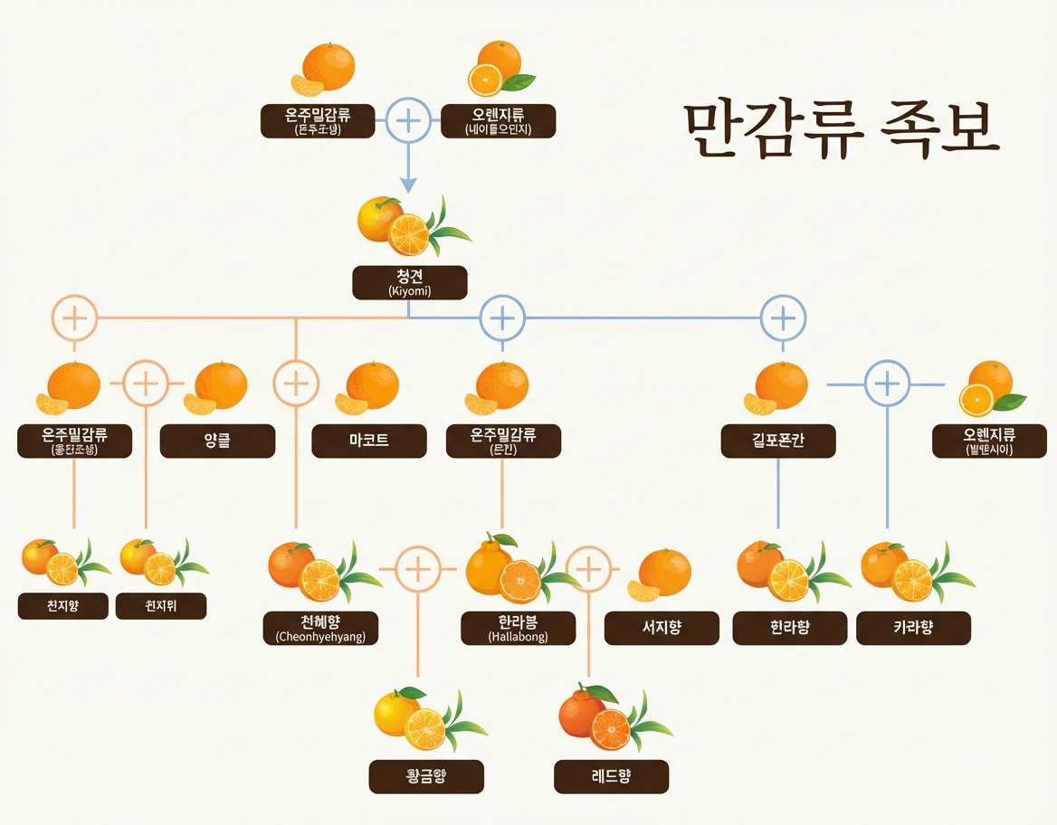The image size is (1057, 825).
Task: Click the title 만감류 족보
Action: pyautogui.click(x=840, y=130)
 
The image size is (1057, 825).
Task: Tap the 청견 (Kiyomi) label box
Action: pyautogui.click(x=409, y=282)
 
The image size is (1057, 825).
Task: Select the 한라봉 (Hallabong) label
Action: pyautogui.click(x=518, y=628)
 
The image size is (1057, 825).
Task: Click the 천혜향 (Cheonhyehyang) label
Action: pyautogui.click(x=320, y=628)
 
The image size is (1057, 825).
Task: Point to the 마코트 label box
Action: pyautogui.click(x=368, y=441)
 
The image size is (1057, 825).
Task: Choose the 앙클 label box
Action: pyautogui.click(x=217, y=441)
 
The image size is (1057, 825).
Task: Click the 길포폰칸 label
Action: pyautogui.click(x=778, y=441)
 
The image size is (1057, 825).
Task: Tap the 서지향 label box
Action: pyautogui.click(x=662, y=628)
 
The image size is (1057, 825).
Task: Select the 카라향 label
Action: pyautogui.click(x=913, y=628)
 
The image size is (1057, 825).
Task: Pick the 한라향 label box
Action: pyautogui.click(x=789, y=628)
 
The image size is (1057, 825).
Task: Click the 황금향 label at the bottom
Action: pyautogui.click(x=426, y=776)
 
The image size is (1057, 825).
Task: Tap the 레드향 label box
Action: pyautogui.click(x=611, y=776)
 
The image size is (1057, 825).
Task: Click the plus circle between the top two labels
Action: pyautogui.click(x=408, y=120)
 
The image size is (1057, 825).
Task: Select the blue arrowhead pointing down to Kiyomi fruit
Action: pyautogui.click(x=408, y=185)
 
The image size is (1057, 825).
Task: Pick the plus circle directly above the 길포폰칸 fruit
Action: pyautogui.click(x=783, y=318)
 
